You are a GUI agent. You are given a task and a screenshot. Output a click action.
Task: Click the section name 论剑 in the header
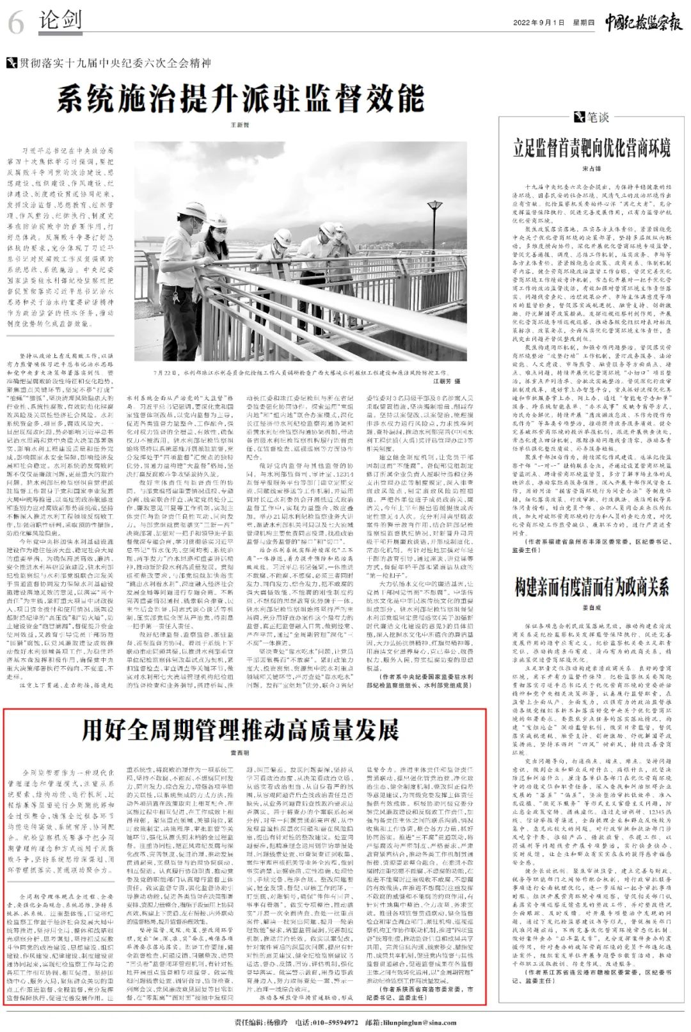[x=61, y=20]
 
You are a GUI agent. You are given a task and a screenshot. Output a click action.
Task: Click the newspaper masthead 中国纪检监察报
[x=643, y=22]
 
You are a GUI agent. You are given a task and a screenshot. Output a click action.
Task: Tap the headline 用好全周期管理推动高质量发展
[x=241, y=729]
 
